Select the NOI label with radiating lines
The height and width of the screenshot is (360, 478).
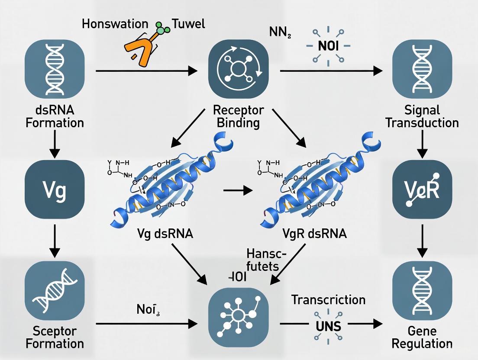[329, 46]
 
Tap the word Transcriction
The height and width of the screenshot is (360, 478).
[328, 299]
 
